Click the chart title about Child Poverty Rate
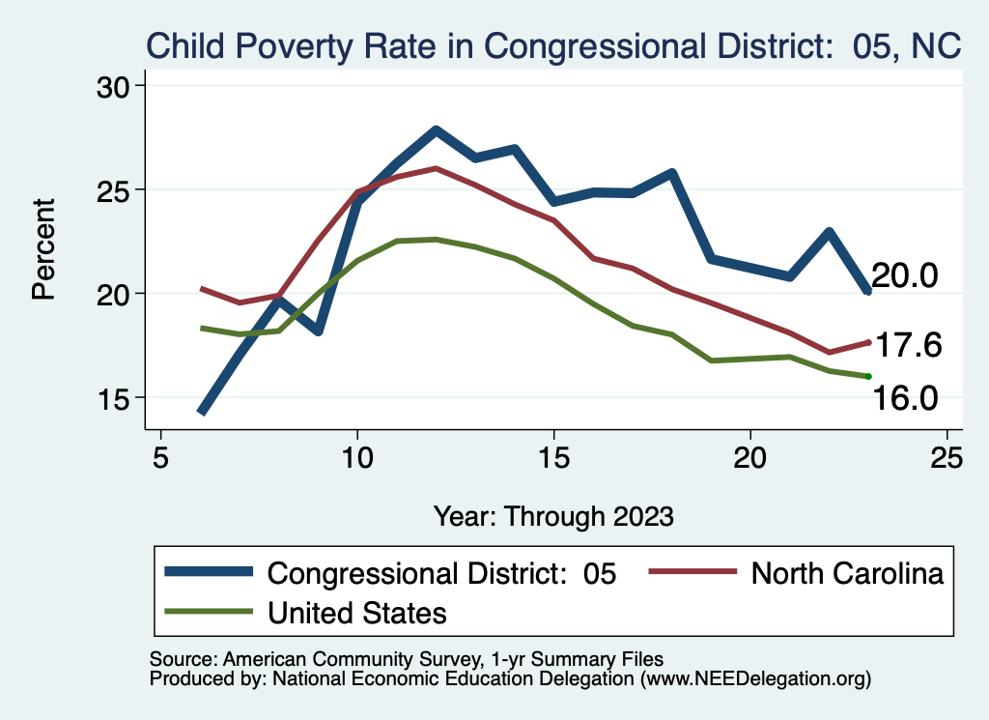click(x=553, y=45)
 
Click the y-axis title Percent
click(x=43, y=249)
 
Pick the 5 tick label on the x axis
click(x=160, y=456)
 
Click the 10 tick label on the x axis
click(x=357, y=456)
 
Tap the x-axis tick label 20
click(x=750, y=456)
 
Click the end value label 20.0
click(x=905, y=276)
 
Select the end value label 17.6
click(x=907, y=345)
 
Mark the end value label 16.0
click(x=905, y=397)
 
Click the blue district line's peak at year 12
click(x=436, y=130)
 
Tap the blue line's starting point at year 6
click(x=202, y=412)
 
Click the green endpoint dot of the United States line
click(x=869, y=376)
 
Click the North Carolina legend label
click(x=846, y=573)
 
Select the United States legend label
click(x=356, y=612)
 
